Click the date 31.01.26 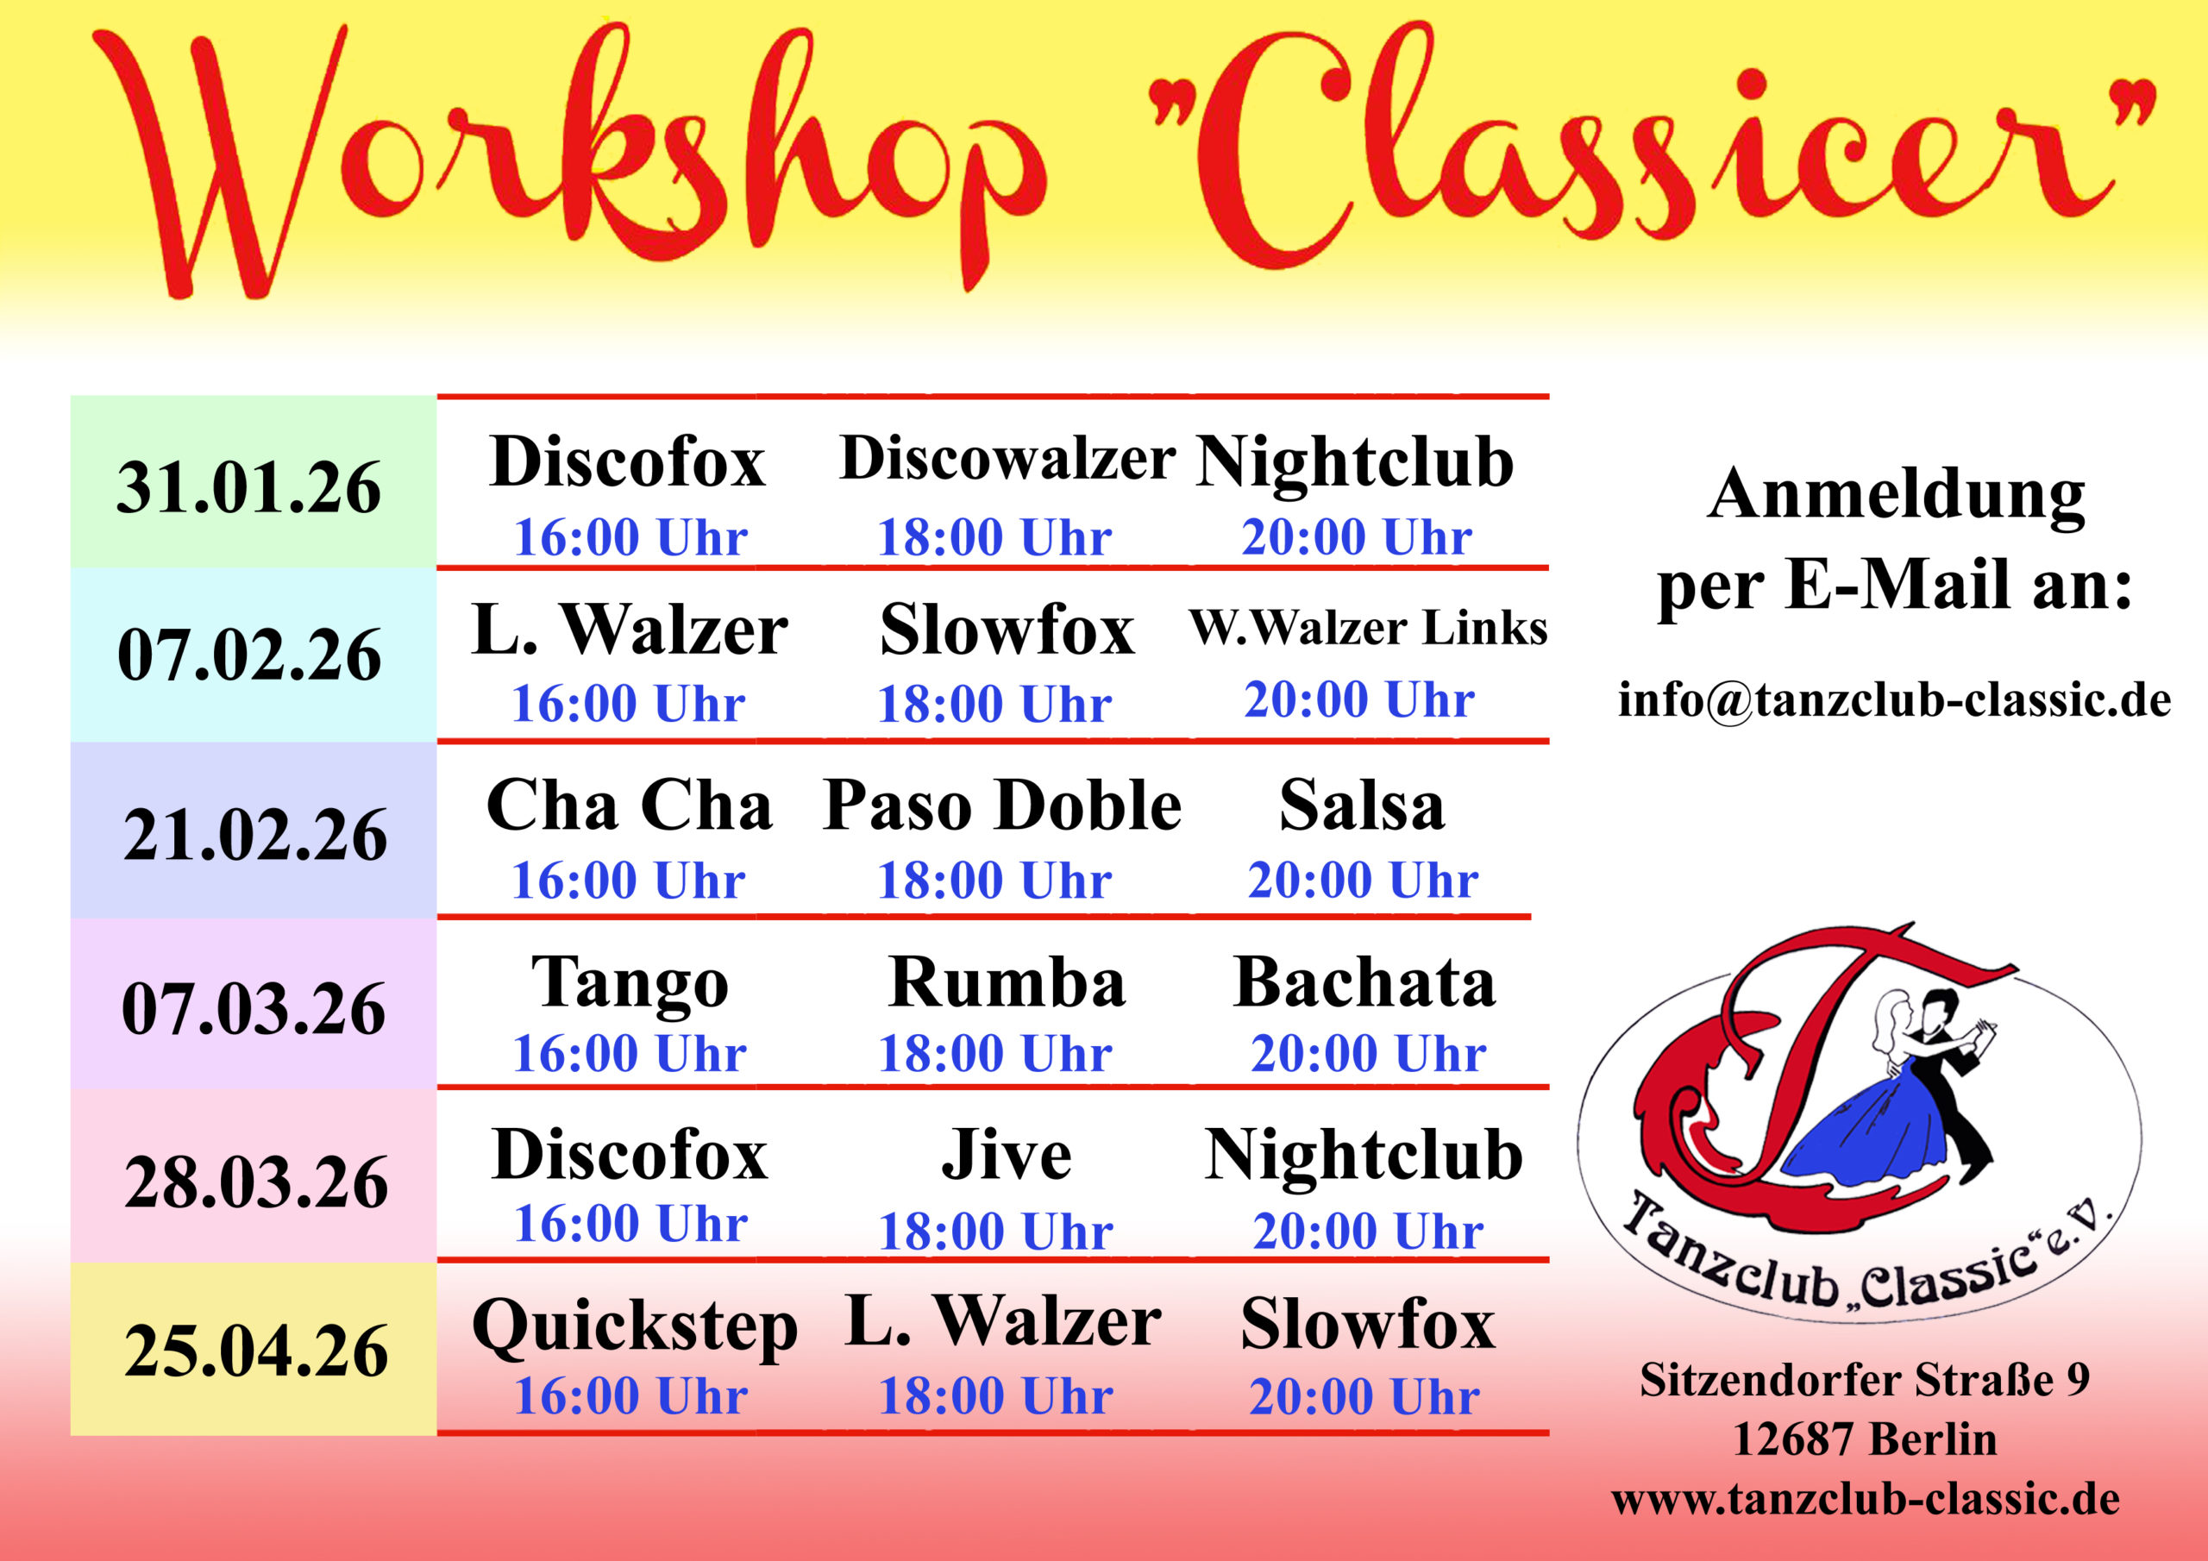pos(249,487)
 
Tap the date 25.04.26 pos(256,1351)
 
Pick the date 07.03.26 pos(254,1009)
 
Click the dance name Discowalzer pos(1007,458)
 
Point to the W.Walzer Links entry pos(1369,628)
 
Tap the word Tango pos(630,985)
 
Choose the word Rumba pos(1007,982)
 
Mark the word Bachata pos(1364,982)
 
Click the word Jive pos(1006,1154)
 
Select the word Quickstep pos(635,1327)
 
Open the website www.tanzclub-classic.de pos(1866,1500)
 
